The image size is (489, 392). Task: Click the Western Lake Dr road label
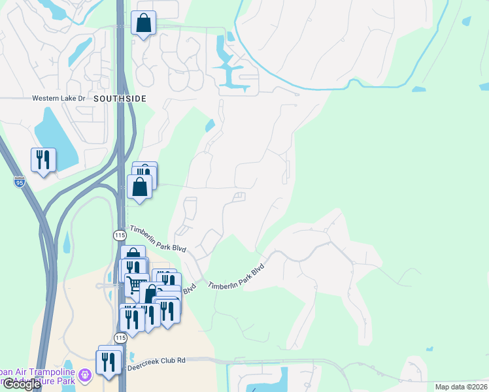[59, 99]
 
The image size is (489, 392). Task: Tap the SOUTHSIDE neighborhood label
[119, 98]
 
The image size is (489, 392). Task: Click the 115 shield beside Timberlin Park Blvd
[118, 234]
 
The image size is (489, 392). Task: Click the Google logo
[21, 384]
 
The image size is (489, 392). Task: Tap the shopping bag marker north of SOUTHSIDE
[143, 24]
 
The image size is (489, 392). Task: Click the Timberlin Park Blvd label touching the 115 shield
[158, 238]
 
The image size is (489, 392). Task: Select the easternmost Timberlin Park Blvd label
[237, 278]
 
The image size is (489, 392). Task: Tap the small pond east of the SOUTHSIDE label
[209, 125]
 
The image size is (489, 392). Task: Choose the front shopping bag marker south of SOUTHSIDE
[140, 187]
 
